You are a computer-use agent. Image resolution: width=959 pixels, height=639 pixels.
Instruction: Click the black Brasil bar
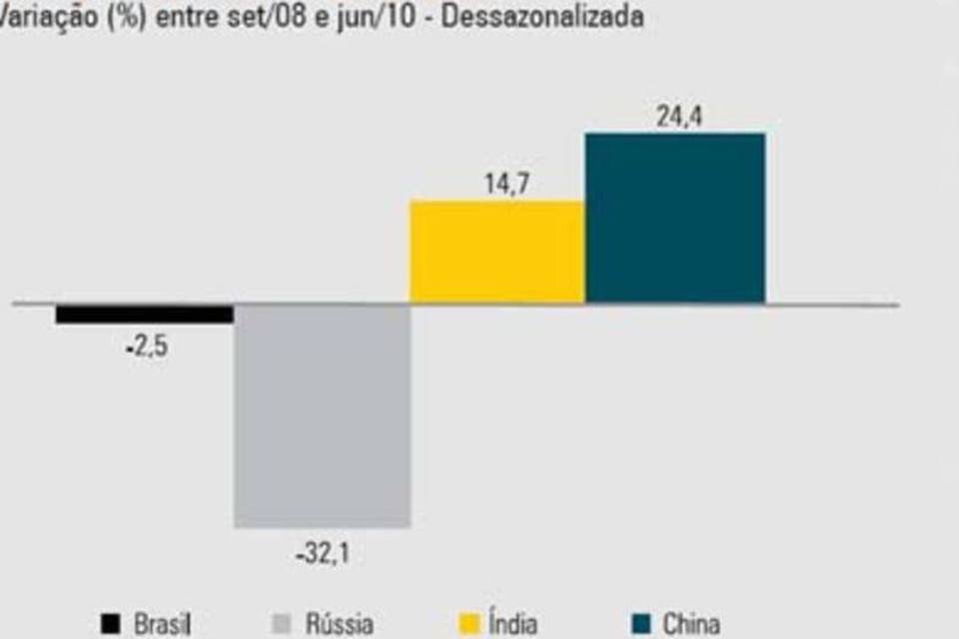(144, 314)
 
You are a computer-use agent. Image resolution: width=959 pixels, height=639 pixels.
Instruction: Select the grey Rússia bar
(322, 414)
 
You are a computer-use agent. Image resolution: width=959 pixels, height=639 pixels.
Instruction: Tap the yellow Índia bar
(497, 251)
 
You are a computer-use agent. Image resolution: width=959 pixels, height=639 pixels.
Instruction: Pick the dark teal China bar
(674, 218)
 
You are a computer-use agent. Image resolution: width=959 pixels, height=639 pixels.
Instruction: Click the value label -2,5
(147, 351)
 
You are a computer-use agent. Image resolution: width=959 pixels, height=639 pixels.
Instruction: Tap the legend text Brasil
(163, 625)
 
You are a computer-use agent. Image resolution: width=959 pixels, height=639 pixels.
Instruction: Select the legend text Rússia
(340, 625)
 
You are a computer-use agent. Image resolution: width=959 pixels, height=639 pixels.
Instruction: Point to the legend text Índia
(512, 625)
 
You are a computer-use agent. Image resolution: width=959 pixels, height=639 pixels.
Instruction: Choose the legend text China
(691, 625)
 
